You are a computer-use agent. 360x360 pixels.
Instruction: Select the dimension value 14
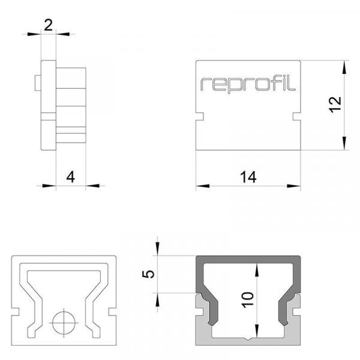coord(248,177)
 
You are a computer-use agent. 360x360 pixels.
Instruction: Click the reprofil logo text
coord(248,85)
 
